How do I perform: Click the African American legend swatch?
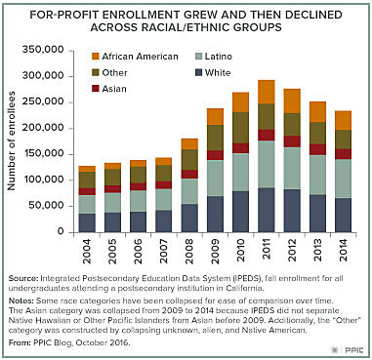coord(81,57)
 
